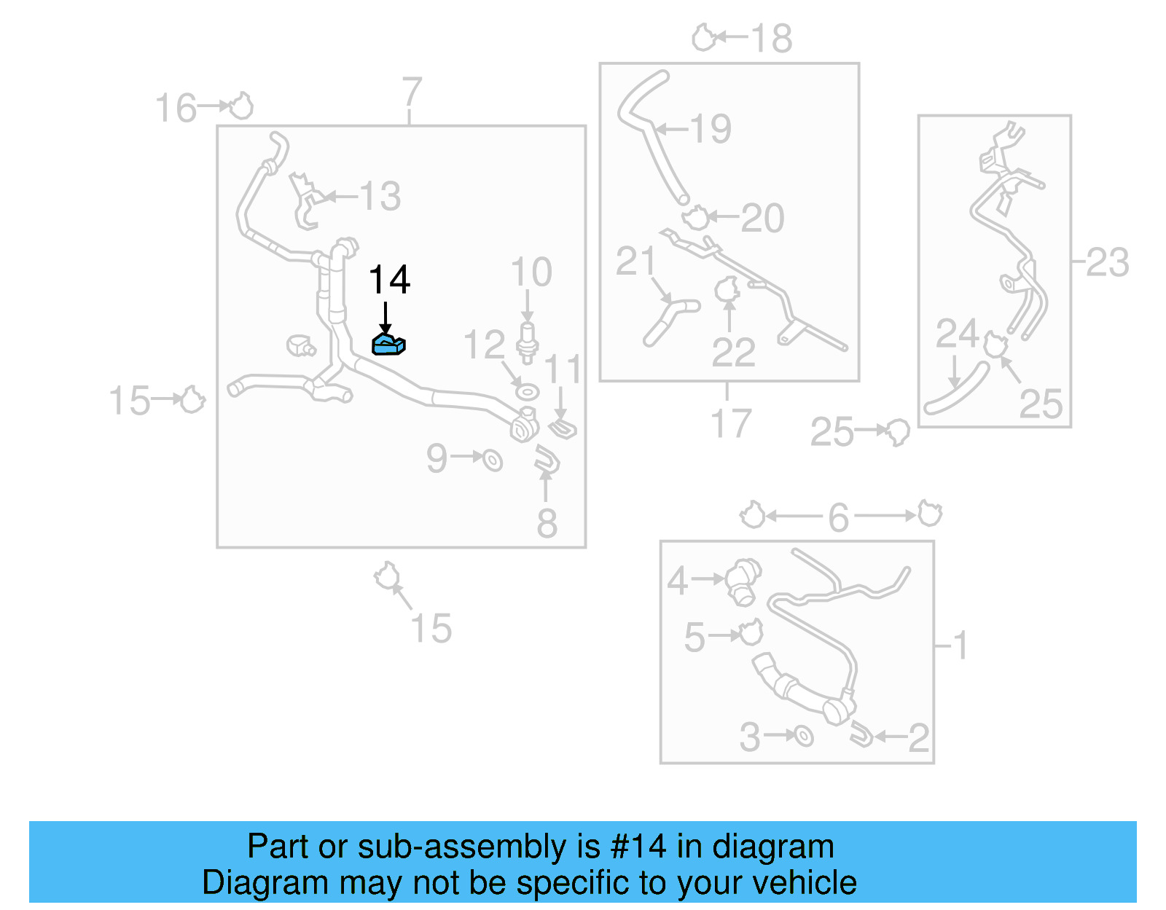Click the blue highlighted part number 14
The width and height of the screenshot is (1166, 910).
click(388, 345)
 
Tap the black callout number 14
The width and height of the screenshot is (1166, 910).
click(389, 281)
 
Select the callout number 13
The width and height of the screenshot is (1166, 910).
click(380, 197)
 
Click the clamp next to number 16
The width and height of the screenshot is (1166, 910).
click(241, 106)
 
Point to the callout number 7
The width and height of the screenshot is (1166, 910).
click(412, 92)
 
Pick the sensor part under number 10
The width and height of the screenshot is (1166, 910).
click(527, 341)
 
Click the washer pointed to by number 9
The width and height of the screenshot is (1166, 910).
click(493, 460)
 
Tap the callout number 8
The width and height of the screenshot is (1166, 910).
click(547, 522)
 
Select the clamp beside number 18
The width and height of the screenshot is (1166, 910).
click(703, 37)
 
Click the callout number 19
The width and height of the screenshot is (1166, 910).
click(711, 129)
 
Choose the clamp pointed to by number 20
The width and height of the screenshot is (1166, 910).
click(695, 217)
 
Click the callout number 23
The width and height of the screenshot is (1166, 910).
click(1107, 262)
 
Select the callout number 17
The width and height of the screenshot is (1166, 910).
click(730, 423)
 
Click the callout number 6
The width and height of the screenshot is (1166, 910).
click(839, 517)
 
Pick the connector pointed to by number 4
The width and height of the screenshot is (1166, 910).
click(743, 581)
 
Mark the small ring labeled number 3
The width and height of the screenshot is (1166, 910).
click(803, 736)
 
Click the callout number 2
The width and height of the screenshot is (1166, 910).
click(918, 737)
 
